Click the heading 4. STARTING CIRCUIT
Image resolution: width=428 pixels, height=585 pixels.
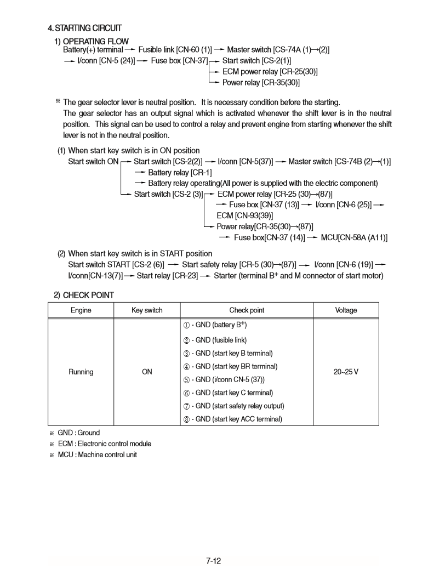pos(84,28)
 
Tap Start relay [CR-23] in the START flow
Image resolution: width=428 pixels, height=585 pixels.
pos(167,275)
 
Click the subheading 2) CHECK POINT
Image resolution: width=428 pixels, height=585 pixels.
pos(84,295)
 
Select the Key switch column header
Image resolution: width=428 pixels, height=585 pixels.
pos(147,310)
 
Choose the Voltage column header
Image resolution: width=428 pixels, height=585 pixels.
pos(346,310)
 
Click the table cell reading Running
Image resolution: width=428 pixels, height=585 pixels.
pos(81,372)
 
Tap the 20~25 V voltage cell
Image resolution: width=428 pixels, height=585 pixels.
pos(346,372)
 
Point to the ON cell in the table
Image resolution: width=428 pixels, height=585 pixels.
pos(147,372)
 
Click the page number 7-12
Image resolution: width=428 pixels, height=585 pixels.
pos(214,560)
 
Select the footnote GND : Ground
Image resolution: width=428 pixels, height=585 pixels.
pos(78,433)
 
